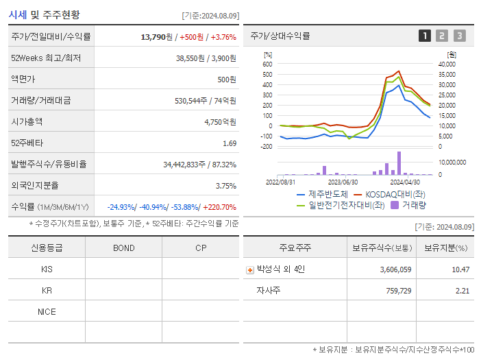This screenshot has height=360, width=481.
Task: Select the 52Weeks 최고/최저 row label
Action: [x=46, y=58]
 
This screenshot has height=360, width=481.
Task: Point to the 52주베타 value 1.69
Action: [x=230, y=143]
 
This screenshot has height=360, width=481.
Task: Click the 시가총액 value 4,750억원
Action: [x=220, y=122]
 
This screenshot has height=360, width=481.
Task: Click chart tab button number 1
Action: [x=425, y=36]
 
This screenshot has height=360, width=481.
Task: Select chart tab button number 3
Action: [x=459, y=36]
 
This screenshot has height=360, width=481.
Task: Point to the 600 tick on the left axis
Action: [x=267, y=64]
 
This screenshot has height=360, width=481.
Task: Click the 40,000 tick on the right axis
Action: [x=447, y=64]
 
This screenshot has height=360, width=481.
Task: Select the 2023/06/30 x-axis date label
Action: [x=343, y=182]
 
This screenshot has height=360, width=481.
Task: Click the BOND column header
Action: [x=123, y=248]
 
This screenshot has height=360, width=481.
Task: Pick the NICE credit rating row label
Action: [x=47, y=312]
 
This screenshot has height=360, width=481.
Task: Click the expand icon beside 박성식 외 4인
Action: [x=249, y=269]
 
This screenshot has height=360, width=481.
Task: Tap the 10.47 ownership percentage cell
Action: [x=460, y=269]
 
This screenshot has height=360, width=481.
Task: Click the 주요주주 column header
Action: [x=295, y=248]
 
